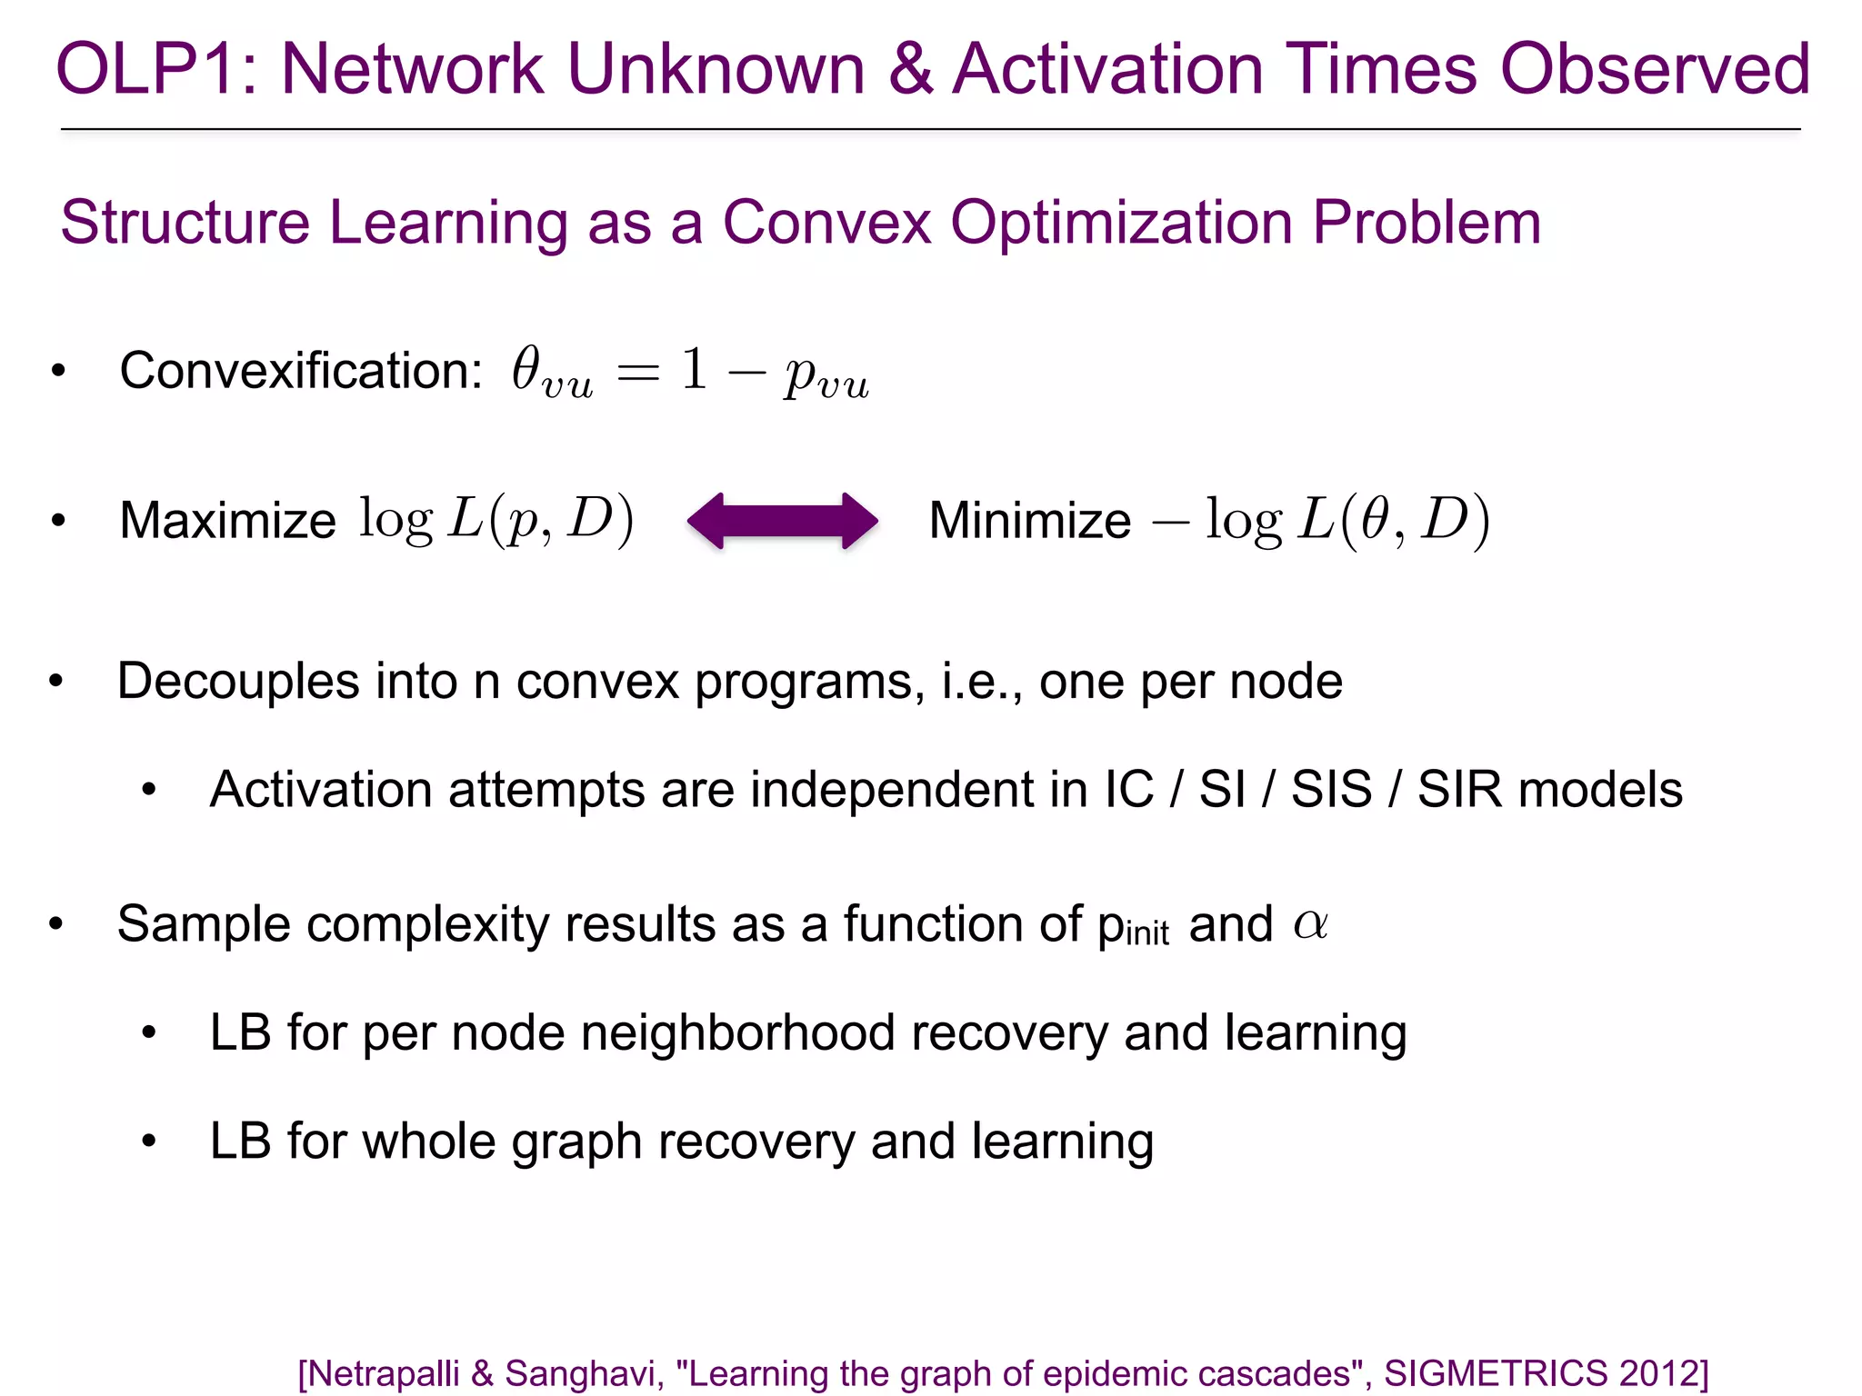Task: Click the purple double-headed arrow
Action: click(783, 521)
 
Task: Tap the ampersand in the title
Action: click(911, 70)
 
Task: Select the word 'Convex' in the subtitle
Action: click(826, 223)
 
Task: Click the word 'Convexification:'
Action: click(301, 371)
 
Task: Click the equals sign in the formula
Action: click(637, 373)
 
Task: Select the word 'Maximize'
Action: click(227, 521)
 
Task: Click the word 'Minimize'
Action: click(1029, 521)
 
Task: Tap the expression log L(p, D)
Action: click(496, 521)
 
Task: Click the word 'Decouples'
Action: click(237, 682)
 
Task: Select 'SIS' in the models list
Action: click(1331, 789)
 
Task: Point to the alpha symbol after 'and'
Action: click(1310, 924)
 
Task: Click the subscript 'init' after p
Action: click(1146, 933)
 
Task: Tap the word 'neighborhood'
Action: click(737, 1033)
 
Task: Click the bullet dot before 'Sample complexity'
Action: click(56, 924)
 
